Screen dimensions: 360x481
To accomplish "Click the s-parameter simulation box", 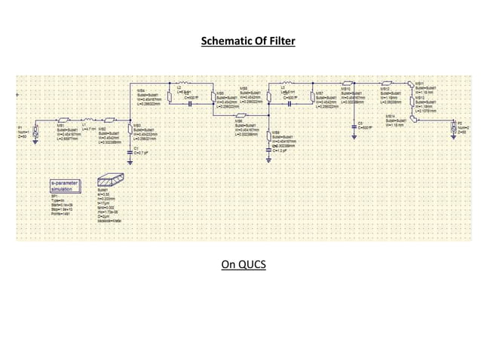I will [63, 187].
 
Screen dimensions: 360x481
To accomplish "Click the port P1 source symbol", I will [36, 130].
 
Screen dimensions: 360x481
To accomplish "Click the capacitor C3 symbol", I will [354, 119].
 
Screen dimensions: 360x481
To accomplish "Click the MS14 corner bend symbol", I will [413, 117].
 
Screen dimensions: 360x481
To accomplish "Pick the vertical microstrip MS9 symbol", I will [269, 136].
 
